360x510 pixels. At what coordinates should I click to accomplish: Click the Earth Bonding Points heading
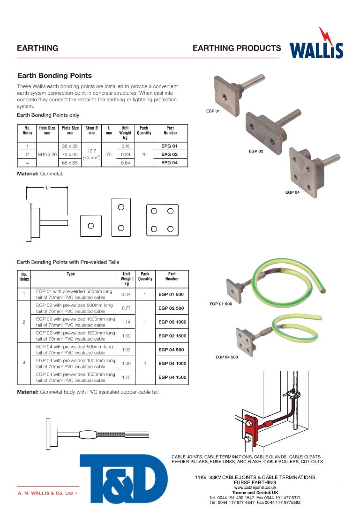(x=54, y=76)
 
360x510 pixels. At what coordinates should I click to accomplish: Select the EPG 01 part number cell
(x=169, y=146)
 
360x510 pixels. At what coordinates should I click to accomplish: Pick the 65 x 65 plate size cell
(x=70, y=162)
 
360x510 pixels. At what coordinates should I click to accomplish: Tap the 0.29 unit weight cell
(x=125, y=154)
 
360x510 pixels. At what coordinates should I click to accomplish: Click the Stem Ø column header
(x=91, y=130)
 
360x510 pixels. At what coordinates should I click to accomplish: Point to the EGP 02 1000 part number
(x=172, y=322)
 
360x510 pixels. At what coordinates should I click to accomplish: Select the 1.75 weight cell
(x=126, y=377)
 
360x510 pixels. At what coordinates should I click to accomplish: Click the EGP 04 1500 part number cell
(x=172, y=377)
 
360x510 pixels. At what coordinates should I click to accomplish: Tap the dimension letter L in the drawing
(x=47, y=188)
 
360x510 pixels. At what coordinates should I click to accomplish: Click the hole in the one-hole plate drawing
(x=91, y=226)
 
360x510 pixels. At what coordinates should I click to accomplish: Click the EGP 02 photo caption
(x=256, y=152)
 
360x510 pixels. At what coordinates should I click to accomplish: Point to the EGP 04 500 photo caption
(x=226, y=357)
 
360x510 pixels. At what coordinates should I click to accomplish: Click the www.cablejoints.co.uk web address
(x=255, y=487)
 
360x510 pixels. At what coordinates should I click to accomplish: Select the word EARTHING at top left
(x=37, y=48)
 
